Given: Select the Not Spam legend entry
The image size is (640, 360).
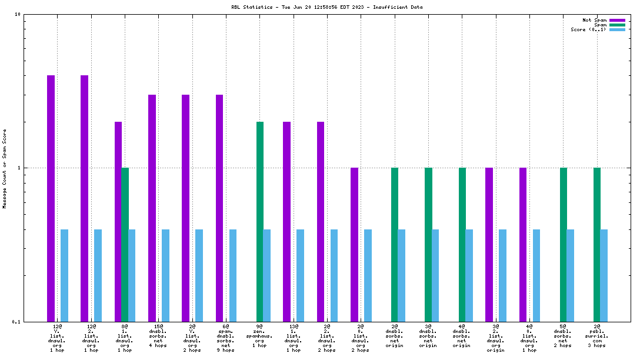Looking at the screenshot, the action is point(604,20).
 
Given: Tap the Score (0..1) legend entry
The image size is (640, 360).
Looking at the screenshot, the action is point(598,29).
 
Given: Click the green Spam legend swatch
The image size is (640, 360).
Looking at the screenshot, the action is point(617,25).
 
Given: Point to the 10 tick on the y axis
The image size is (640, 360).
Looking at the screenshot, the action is point(17,15).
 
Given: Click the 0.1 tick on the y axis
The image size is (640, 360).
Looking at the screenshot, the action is point(16,322).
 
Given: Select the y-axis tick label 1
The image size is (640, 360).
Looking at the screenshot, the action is point(19,168).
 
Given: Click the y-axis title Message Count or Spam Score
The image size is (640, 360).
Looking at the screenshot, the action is point(5,169).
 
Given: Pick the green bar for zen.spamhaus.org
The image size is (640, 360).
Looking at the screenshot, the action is point(259,222).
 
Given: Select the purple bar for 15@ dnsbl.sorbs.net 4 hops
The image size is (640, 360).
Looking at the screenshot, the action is point(152,208).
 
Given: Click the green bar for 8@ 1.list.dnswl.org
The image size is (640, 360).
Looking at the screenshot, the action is point(125,245).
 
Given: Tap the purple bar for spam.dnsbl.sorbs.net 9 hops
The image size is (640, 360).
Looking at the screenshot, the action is point(219,208).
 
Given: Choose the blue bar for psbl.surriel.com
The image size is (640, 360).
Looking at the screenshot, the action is point(604,276).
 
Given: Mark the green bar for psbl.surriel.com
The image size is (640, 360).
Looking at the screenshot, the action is point(596,245).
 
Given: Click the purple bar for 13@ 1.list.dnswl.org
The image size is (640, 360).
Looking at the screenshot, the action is point(286,222).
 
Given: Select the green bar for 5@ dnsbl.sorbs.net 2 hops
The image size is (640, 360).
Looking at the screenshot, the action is point(564,245).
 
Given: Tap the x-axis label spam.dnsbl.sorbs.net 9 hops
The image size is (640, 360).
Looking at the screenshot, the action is point(226,338).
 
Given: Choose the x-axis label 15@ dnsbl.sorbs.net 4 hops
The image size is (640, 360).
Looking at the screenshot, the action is point(158,336).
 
